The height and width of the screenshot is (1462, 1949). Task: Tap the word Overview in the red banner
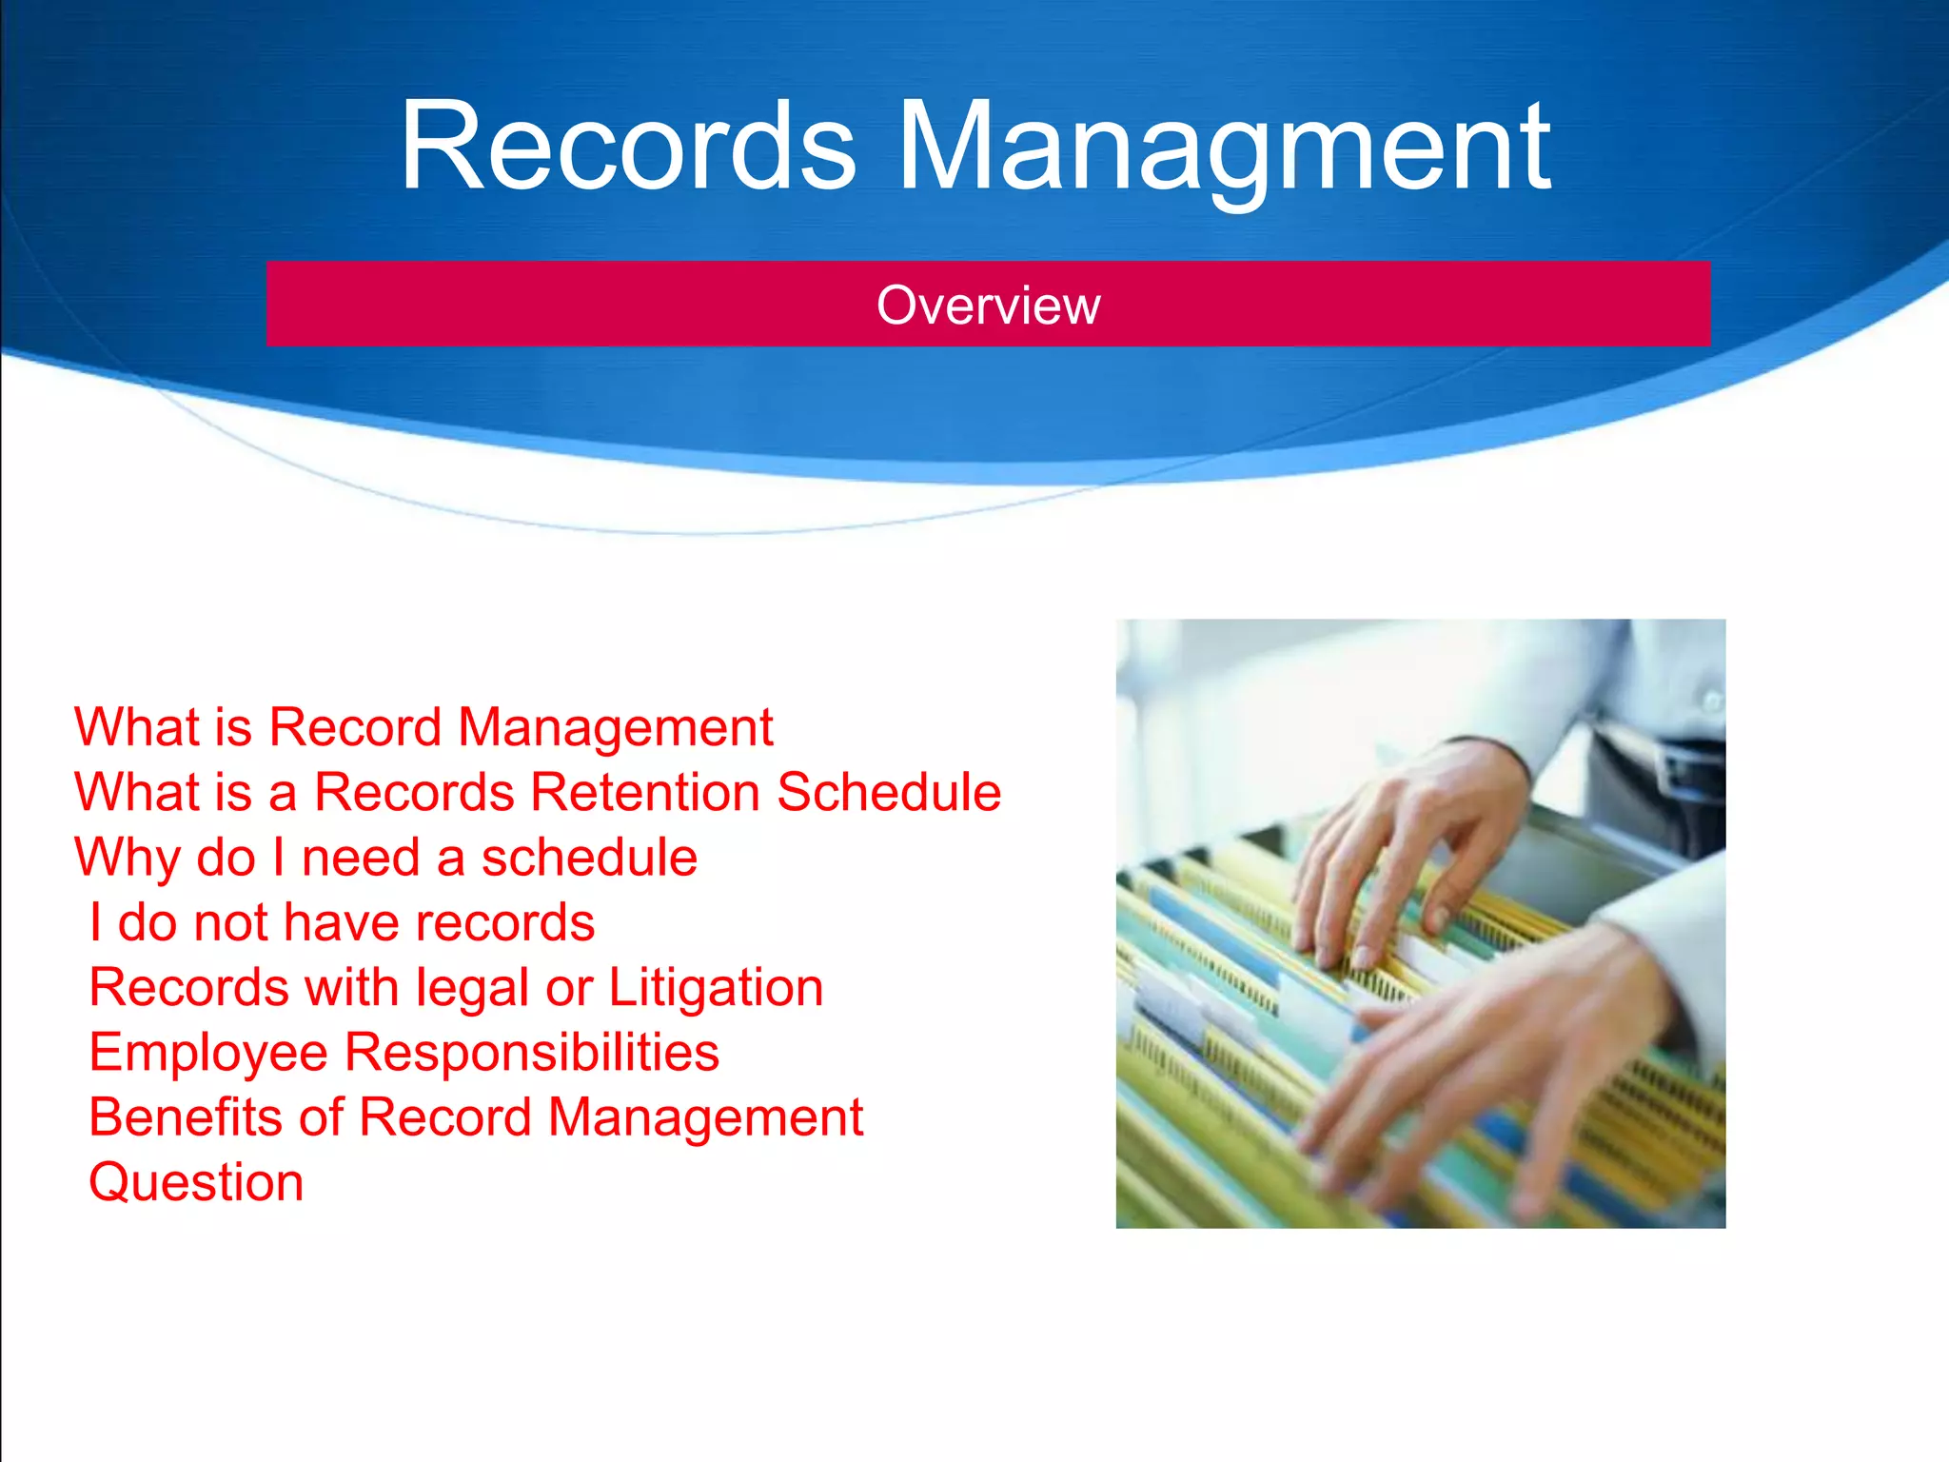point(988,306)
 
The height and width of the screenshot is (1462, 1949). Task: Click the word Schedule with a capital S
point(889,792)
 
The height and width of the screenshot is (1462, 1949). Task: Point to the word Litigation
point(716,987)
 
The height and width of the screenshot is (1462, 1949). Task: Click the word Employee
point(208,1053)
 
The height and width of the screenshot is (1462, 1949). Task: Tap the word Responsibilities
point(531,1052)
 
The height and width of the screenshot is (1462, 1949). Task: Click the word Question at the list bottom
point(196,1182)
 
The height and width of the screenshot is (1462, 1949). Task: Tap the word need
point(361,858)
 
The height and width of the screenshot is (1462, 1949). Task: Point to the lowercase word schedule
point(589,858)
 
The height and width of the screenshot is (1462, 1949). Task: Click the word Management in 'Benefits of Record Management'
point(705,1117)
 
